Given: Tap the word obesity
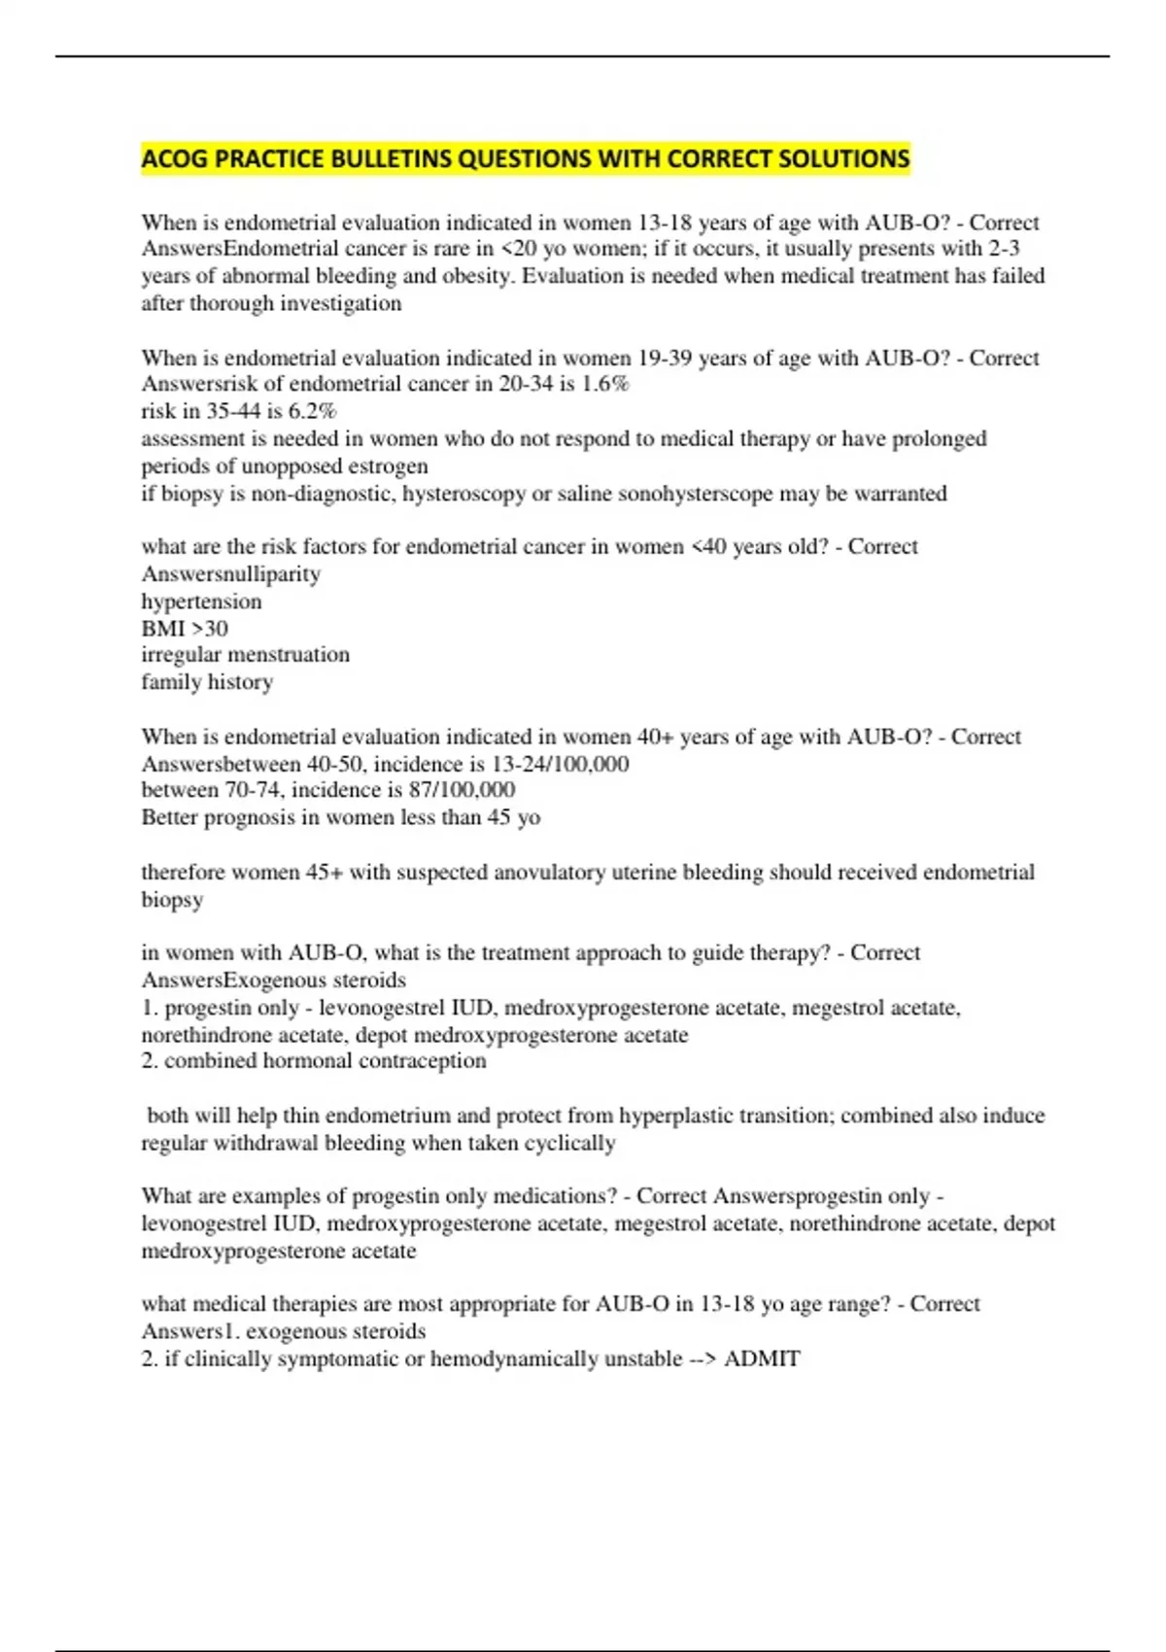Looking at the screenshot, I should click(476, 276).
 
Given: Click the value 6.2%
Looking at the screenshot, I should click(312, 411).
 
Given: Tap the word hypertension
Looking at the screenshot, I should click(201, 602).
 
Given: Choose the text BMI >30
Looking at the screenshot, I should click(185, 629).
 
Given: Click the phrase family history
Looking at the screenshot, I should click(207, 682).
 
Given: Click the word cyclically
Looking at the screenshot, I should click(569, 1143).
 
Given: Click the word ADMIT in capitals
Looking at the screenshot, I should click(762, 1359).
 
